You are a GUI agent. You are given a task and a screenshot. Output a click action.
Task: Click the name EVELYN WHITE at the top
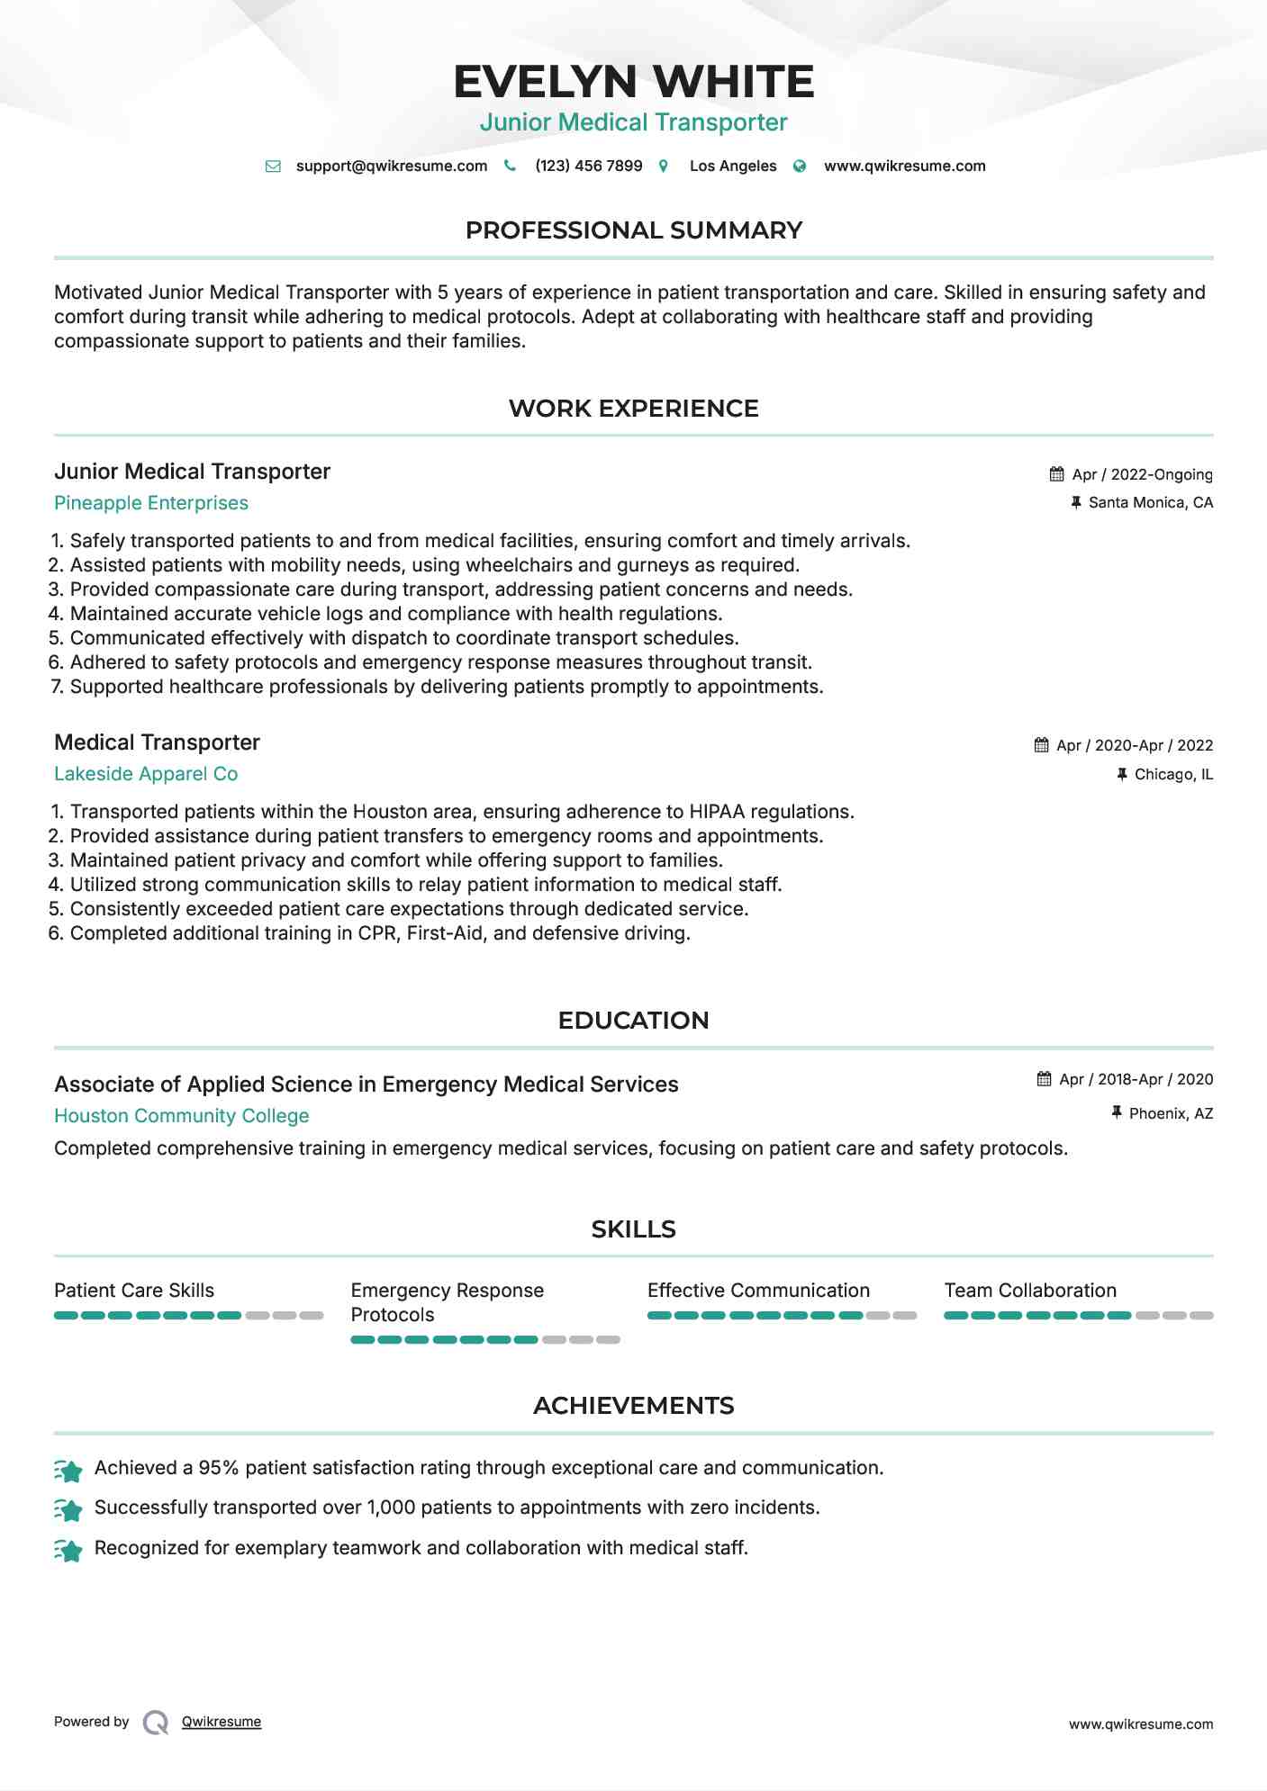633,82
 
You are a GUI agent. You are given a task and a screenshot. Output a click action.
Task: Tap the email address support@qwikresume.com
391,166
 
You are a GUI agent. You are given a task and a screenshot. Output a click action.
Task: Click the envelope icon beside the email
273,166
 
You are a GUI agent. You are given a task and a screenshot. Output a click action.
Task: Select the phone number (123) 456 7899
588,166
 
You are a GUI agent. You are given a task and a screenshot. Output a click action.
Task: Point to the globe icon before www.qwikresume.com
800,166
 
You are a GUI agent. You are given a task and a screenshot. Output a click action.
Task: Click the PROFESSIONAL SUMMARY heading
633,230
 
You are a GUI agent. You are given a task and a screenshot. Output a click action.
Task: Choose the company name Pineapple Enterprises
151,503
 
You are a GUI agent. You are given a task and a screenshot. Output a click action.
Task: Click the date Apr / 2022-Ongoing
1142,474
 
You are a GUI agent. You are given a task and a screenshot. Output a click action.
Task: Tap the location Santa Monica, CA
1150,502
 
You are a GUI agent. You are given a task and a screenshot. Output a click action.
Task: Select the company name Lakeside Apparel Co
146,774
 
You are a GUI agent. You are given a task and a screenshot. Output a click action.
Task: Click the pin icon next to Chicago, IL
1121,774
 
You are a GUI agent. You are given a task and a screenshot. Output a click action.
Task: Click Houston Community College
181,1116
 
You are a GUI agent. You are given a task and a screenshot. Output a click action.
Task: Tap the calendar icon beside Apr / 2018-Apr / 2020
1044,1079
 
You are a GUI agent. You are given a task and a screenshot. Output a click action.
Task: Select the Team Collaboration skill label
1030,1291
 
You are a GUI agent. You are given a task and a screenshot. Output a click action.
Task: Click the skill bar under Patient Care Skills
188,1316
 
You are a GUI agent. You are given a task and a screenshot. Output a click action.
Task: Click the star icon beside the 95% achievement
68,1470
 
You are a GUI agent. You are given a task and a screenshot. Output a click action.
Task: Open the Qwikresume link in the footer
222,1722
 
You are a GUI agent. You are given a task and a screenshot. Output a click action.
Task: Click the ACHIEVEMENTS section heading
633,1406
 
